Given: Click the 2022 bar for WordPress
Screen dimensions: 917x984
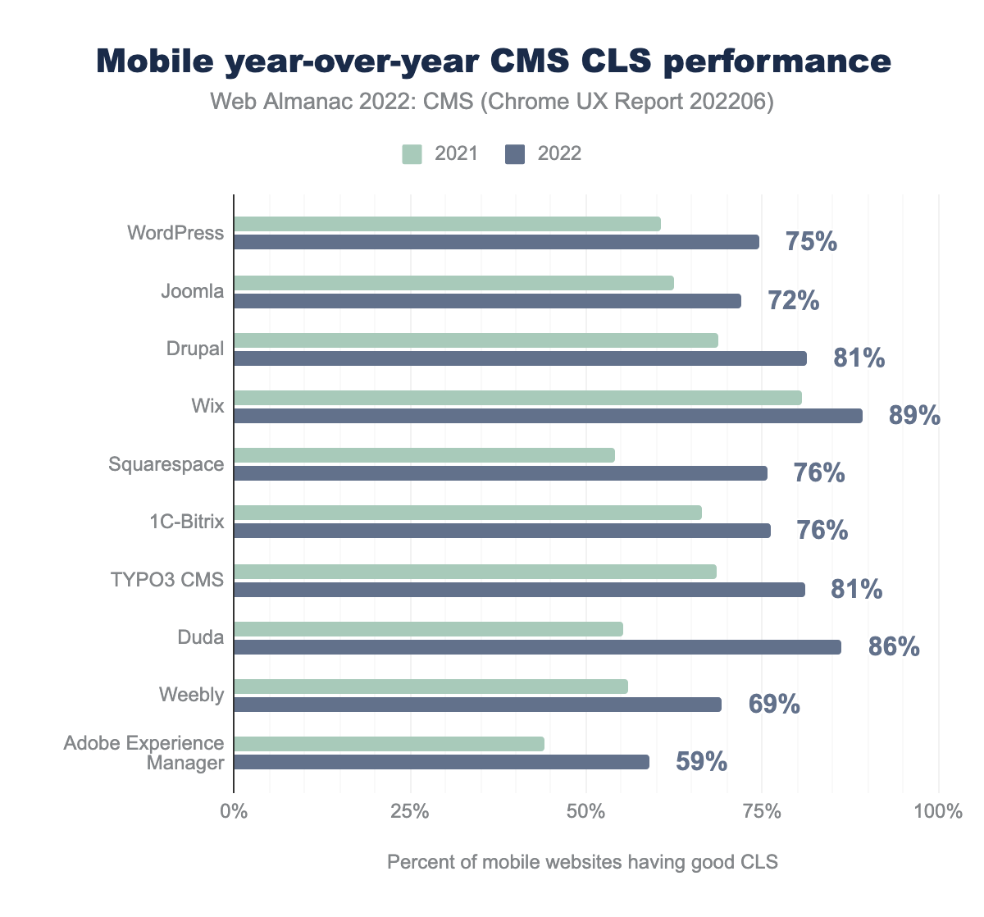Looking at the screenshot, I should [496, 242].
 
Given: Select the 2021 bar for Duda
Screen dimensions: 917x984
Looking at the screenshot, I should [428, 629].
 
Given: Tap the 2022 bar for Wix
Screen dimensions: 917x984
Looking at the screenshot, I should [548, 416].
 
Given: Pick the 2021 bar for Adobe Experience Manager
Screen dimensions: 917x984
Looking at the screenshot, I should [389, 744].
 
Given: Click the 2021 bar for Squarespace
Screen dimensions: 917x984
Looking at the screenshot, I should [424, 455].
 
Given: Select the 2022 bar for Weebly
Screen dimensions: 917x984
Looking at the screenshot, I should [477, 705].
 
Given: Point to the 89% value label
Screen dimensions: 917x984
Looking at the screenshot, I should [914, 416].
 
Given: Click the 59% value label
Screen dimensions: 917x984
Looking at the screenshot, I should [701, 762].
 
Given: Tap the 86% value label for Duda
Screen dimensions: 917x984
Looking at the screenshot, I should [894, 647].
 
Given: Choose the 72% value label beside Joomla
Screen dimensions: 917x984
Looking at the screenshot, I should [793, 301].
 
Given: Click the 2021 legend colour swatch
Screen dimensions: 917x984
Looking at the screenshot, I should [412, 154].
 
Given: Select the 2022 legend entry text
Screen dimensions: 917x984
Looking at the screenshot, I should [559, 154].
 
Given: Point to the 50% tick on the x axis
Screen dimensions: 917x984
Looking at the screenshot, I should [585, 812].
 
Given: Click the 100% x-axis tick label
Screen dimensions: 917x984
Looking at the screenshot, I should [937, 812].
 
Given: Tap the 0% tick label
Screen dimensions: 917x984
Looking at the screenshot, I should [234, 812].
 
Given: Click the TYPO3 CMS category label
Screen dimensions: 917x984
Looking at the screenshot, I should [167, 580].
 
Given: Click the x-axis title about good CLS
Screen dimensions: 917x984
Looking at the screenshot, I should [581, 862].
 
